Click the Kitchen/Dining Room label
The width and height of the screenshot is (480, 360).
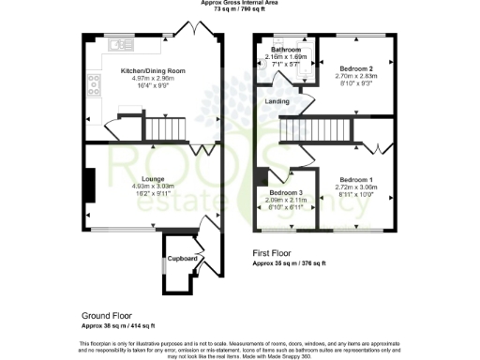[x=153, y=71]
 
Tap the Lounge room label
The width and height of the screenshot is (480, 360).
[x=153, y=179]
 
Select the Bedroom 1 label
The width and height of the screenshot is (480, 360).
[x=357, y=179]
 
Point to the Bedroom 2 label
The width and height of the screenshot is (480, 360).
[x=357, y=69]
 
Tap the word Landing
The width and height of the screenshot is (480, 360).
[x=277, y=100]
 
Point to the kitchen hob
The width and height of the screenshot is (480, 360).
[x=94, y=86]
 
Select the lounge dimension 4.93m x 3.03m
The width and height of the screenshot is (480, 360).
[x=153, y=187]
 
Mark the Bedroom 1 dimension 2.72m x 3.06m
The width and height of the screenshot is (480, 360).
[x=357, y=187]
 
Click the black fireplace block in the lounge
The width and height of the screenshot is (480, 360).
[x=89, y=184]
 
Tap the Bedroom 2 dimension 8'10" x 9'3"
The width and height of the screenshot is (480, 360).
[x=357, y=84]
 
